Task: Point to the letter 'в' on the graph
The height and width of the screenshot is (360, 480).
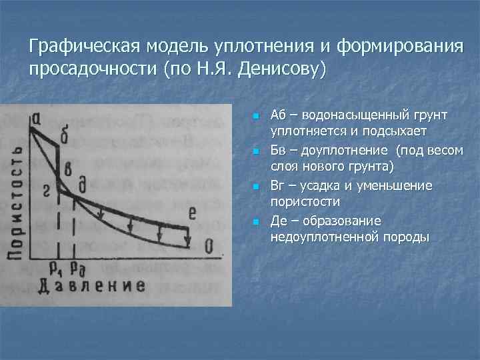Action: click(67, 167)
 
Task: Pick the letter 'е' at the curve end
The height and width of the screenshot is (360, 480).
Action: click(193, 213)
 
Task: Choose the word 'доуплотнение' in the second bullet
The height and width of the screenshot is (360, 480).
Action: click(325, 151)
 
